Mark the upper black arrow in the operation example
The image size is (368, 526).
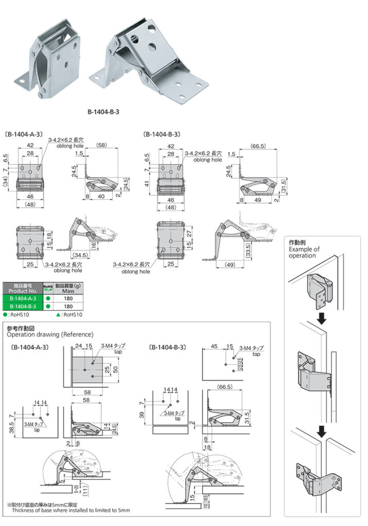pos(321,319)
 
